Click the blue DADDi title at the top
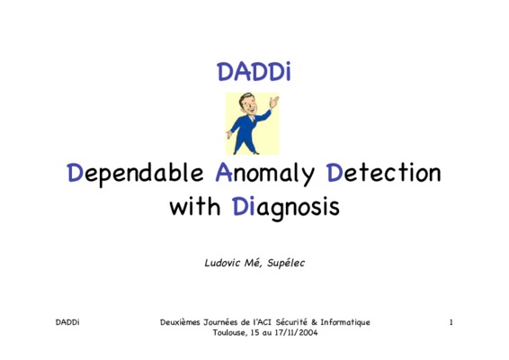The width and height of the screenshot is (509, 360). tap(254, 71)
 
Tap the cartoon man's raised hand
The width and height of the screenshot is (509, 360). tap(274, 102)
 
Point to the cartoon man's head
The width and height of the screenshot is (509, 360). tap(247, 103)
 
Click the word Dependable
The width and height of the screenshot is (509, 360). tap(135, 174)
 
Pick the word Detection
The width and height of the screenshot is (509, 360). tap(384, 173)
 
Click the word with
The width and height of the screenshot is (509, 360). tap(195, 206)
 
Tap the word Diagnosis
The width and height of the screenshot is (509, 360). tap(286, 208)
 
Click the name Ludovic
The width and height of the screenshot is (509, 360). tap(223, 263)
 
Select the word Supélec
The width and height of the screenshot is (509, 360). tap(286, 263)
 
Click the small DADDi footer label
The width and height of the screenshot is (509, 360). tap(67, 322)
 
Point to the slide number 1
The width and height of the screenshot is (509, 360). tap(451, 322)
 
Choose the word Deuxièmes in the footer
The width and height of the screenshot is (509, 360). tap(180, 322)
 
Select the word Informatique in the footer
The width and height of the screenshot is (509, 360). tap(345, 322)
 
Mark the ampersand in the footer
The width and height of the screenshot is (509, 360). tap(314, 322)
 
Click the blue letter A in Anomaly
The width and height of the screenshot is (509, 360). tap(224, 172)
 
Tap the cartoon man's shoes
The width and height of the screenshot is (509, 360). tap(246, 152)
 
